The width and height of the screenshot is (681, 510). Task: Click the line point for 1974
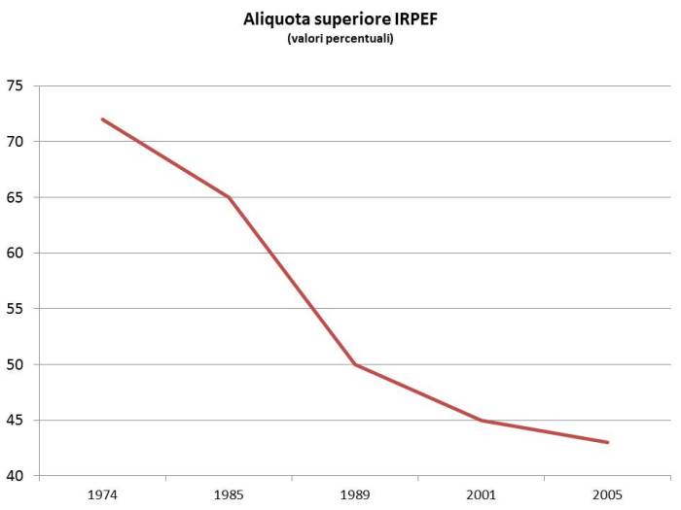102,119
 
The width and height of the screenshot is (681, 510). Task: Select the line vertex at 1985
229,197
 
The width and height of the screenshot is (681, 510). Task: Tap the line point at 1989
355,364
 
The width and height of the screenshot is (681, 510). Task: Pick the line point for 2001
482,421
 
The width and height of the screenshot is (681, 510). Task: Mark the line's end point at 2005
608,443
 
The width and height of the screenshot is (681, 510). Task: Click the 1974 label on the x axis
102,493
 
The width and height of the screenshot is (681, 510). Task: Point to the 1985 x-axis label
229,493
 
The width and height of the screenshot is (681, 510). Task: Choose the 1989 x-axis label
355,493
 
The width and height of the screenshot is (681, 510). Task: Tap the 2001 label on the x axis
482,493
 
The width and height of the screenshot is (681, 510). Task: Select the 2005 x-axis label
608,493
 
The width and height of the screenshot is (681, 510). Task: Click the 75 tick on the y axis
15,85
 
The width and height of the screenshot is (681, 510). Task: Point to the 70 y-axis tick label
15,142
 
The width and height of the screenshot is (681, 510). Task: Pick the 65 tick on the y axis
15,197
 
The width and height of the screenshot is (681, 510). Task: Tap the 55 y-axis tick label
15,309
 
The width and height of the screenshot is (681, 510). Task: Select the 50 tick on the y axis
15,365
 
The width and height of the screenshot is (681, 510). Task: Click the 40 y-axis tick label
15,476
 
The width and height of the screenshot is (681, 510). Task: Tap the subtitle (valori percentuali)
340,39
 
